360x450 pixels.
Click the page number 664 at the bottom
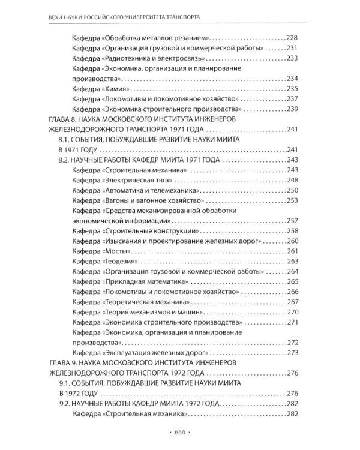179,433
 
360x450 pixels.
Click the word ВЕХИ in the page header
57,14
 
